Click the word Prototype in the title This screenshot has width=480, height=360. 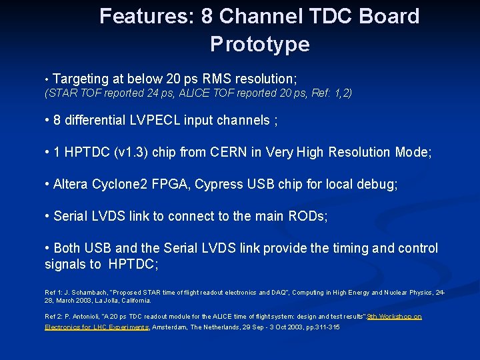pos(259,45)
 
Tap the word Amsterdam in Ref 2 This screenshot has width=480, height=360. pos(172,327)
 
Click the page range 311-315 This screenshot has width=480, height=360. pos(328,327)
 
